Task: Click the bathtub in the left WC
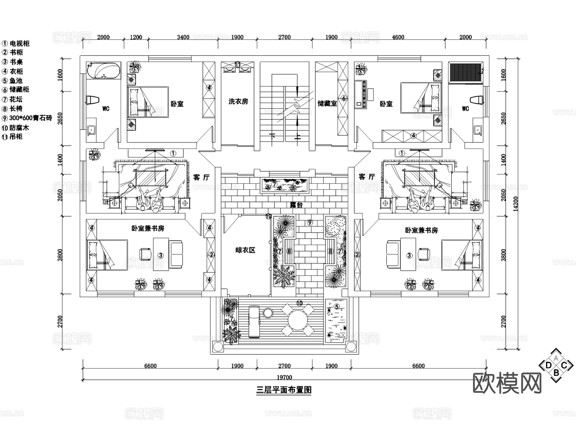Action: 103,71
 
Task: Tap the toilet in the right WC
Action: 477,100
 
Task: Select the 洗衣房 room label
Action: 238,101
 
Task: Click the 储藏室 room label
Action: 327,103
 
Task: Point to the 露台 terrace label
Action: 296,205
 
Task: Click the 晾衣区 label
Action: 245,250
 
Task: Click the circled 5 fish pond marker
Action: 337,307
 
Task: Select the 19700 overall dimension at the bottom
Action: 284,377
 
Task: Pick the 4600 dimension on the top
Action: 398,37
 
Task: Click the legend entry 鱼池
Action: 16,81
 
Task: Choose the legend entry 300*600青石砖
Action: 30,118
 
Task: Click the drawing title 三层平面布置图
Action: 284,390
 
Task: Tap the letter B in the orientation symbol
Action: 556,372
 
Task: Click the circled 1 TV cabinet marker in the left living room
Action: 173,153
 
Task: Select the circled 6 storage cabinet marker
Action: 344,98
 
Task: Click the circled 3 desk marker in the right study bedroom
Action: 409,255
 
